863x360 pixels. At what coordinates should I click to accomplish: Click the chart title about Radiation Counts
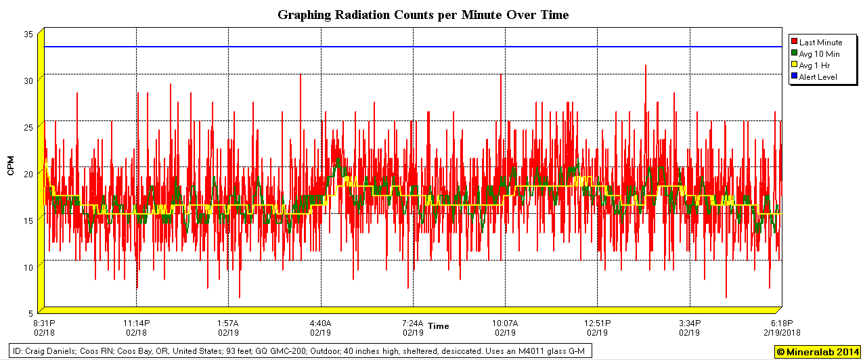[423, 14]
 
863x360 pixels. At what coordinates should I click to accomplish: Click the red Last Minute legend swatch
[794, 43]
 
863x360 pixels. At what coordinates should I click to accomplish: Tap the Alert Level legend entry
[818, 77]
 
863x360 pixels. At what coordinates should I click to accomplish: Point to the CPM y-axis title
[11, 165]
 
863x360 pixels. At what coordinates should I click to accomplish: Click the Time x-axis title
[438, 326]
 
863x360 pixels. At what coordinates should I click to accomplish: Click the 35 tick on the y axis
[28, 34]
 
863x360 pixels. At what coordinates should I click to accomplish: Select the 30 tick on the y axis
[28, 81]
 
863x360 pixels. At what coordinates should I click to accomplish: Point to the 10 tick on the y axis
[28, 267]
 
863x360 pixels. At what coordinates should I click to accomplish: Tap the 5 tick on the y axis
[31, 313]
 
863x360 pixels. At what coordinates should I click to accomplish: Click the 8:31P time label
[44, 323]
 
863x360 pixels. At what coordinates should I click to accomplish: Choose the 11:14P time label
[136, 323]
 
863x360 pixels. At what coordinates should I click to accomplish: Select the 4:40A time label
[321, 323]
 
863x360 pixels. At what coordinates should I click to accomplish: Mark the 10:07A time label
[505, 323]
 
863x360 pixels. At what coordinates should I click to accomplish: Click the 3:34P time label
[690, 323]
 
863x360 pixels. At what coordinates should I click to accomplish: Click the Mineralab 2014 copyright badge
[817, 352]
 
